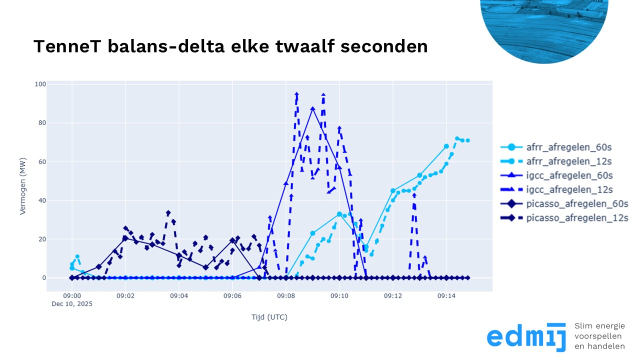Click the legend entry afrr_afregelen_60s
(564, 147)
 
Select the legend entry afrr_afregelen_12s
(564, 161)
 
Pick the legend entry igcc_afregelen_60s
(564, 175)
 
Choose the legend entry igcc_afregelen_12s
(564, 189)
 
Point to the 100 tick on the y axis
(40, 84)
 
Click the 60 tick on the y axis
(41, 161)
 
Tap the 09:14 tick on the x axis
(446, 296)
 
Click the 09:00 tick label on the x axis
(72, 296)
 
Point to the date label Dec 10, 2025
(72, 303)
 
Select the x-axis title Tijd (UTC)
(269, 317)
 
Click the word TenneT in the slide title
(63, 46)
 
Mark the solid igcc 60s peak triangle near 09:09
(312, 108)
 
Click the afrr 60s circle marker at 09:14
(446, 146)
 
